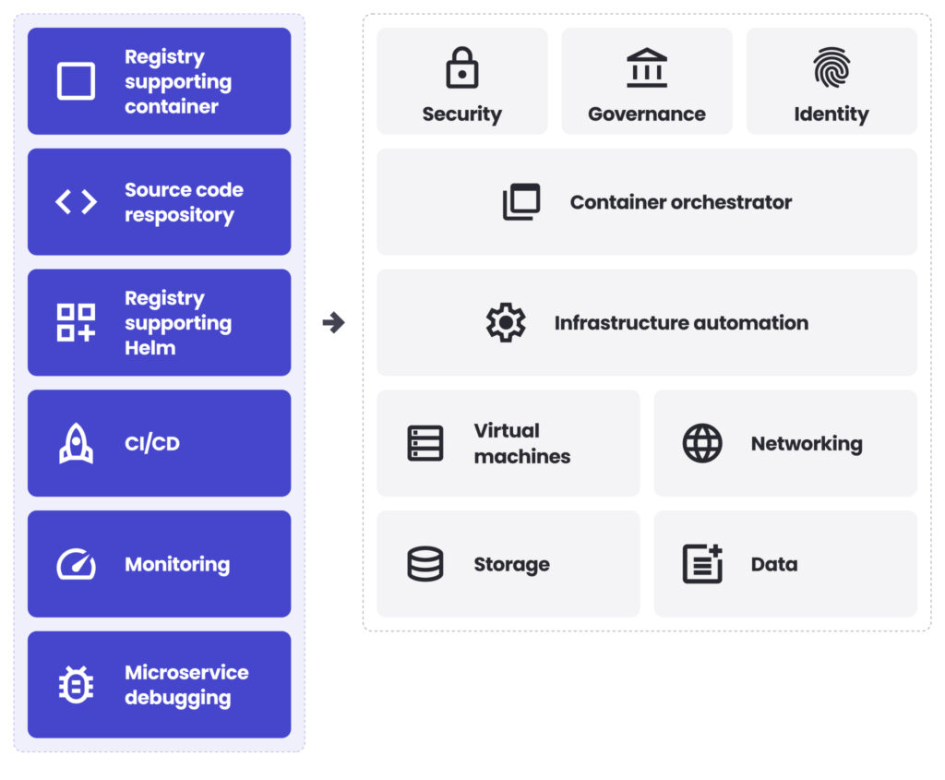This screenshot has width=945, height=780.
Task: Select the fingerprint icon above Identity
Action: pyautogui.click(x=831, y=68)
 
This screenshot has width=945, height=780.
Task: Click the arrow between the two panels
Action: pyautogui.click(x=333, y=322)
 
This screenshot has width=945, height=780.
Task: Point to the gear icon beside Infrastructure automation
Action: pyautogui.click(x=506, y=322)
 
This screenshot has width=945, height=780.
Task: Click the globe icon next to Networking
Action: pyautogui.click(x=702, y=443)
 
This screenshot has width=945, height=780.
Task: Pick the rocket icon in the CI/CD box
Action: pyautogui.click(x=76, y=443)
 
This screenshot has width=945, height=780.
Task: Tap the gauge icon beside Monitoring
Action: pyautogui.click(x=76, y=564)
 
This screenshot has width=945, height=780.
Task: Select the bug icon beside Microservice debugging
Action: pyautogui.click(x=76, y=685)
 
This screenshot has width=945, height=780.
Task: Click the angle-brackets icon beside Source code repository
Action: pyautogui.click(x=76, y=202)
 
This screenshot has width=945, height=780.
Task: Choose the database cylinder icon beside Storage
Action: pyautogui.click(x=425, y=564)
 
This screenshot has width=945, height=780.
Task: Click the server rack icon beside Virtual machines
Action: pyautogui.click(x=425, y=443)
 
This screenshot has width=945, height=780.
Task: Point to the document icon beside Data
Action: pyautogui.click(x=702, y=564)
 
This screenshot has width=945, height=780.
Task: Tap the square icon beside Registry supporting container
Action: pyautogui.click(x=76, y=81)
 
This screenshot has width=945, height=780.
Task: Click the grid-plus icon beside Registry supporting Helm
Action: pyautogui.click(x=76, y=322)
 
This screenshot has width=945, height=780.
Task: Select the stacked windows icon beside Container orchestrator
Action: pyautogui.click(x=521, y=202)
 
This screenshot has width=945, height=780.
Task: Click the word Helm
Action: pyautogui.click(x=150, y=348)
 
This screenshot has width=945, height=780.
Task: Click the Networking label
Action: pyautogui.click(x=807, y=444)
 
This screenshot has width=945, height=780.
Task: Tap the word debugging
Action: pyautogui.click(x=177, y=698)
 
